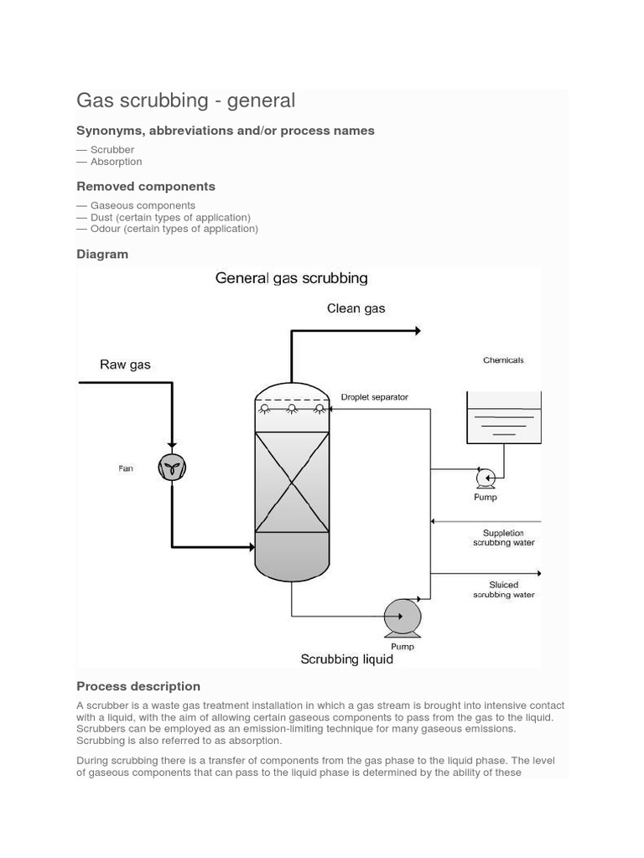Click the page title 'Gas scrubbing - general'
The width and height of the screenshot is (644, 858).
(x=185, y=101)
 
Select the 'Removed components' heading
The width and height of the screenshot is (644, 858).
(x=146, y=186)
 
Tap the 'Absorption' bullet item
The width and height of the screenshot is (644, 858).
(x=116, y=162)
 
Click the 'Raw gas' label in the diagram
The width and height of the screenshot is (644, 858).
(x=125, y=364)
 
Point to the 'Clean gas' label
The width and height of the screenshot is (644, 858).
(x=356, y=308)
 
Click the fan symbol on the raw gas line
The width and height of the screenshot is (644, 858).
(x=172, y=468)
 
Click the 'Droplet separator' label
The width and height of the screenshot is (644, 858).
(x=374, y=397)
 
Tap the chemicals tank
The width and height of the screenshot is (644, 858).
(x=503, y=418)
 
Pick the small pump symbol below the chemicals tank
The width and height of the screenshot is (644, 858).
(x=486, y=478)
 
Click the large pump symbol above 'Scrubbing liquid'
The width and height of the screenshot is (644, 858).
(x=402, y=618)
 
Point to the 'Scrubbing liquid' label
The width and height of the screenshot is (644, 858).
(x=346, y=659)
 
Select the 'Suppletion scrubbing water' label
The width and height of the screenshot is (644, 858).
(x=503, y=537)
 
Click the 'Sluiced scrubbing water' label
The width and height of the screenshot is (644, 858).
(x=503, y=590)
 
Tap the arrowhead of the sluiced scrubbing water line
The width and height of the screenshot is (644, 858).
(x=538, y=573)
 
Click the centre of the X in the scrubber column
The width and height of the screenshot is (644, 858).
(x=291, y=482)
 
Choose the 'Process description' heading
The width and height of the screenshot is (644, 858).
(x=138, y=686)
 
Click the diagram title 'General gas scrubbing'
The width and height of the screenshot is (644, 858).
(x=291, y=277)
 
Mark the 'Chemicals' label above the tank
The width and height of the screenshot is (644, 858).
(x=503, y=360)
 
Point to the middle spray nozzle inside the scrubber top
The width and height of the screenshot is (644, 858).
(x=292, y=409)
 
